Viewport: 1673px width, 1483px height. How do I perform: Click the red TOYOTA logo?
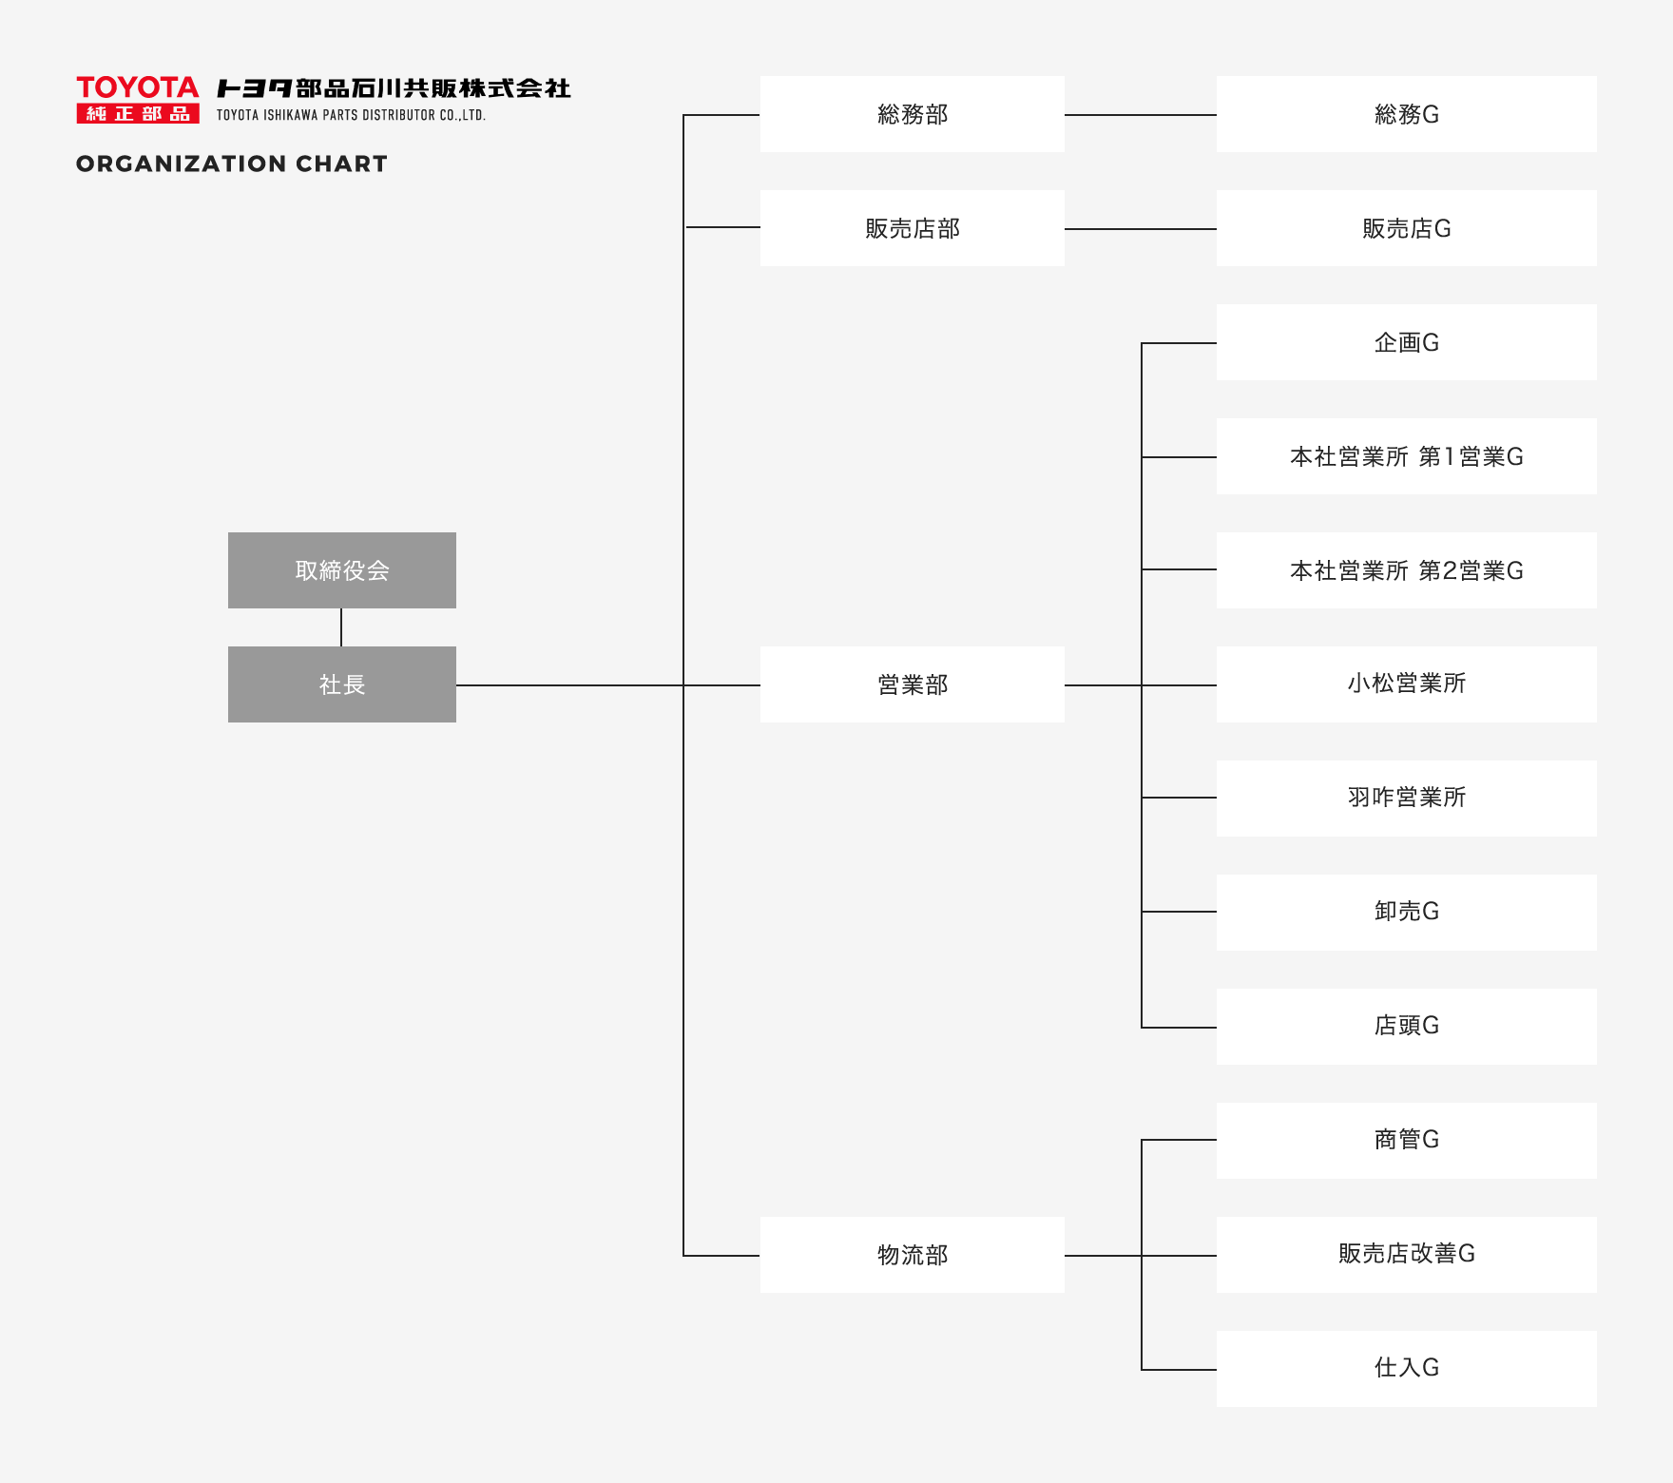coord(138,100)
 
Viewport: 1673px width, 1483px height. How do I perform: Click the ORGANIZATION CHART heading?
coord(232,164)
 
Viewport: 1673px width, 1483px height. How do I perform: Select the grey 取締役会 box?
coord(342,570)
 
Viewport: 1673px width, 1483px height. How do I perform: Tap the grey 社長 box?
coord(342,684)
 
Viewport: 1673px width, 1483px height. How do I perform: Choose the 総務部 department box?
coord(913,114)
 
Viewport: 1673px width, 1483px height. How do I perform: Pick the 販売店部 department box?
coord(913,228)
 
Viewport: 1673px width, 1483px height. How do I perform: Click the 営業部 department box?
coord(913,684)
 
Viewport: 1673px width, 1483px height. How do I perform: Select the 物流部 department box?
coord(913,1255)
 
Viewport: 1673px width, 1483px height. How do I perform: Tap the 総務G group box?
coord(1407,114)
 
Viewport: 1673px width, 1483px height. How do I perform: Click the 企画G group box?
coord(1407,342)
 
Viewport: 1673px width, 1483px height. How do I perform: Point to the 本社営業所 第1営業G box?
coord(1407,456)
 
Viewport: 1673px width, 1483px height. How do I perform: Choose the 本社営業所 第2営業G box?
coord(1407,570)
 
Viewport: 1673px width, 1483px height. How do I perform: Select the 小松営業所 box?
coord(1407,684)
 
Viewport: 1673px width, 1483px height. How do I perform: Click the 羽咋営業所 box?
coord(1407,799)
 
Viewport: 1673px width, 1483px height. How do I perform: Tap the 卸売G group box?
coord(1407,913)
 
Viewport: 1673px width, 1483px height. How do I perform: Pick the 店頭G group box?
coord(1407,1027)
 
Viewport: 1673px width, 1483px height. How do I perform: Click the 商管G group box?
coord(1407,1141)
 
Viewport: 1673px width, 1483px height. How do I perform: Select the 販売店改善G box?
coord(1407,1255)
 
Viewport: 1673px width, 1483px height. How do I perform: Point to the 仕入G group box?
coord(1407,1369)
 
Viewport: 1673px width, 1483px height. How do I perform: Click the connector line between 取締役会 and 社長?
coord(341,627)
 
